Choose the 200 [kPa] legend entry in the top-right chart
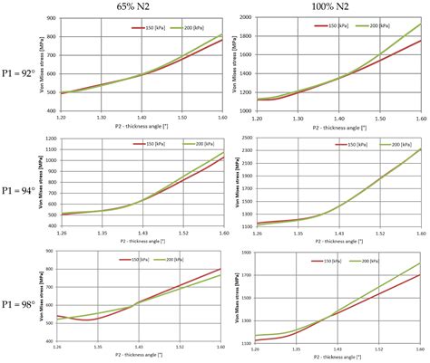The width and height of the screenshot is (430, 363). coord(374,27)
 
